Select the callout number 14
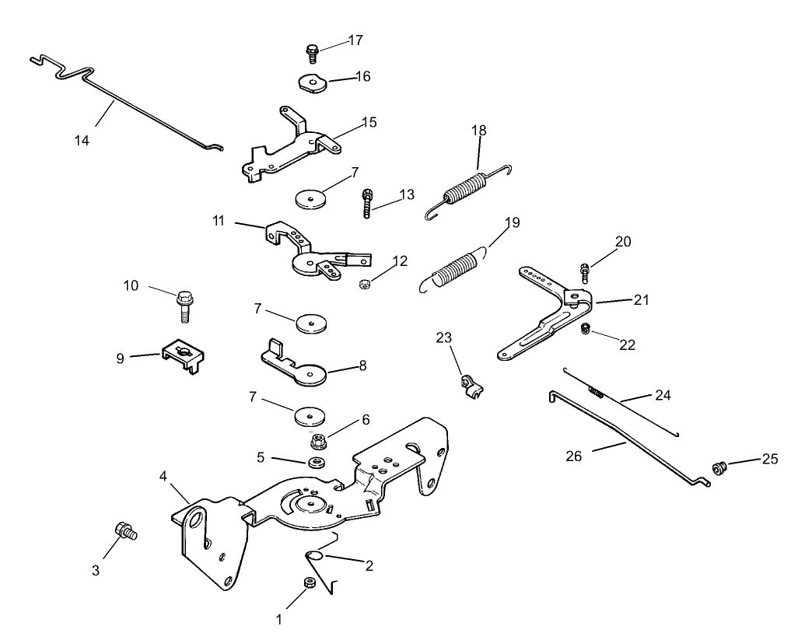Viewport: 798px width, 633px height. click(82, 141)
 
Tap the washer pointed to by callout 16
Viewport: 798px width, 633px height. click(312, 82)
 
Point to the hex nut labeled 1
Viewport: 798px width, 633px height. click(308, 585)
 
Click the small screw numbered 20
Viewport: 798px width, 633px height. click(584, 271)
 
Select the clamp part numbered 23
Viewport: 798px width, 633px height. click(469, 386)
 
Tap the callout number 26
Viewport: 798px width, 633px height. click(573, 456)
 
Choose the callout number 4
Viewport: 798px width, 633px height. click(163, 475)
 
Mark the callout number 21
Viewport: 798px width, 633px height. click(642, 299)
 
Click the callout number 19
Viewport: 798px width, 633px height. click(512, 223)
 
